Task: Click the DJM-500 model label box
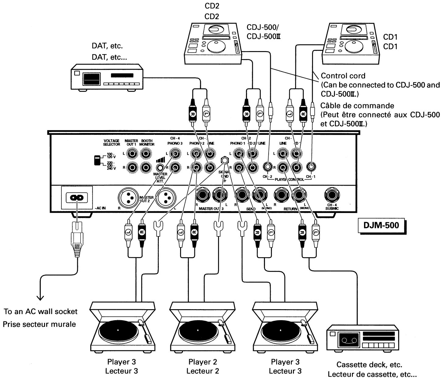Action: (381, 226)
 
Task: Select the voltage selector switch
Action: (98, 160)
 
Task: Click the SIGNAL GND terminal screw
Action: (224, 160)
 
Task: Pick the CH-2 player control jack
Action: (268, 166)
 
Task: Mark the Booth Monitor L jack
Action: (146, 154)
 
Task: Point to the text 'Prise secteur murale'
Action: (39, 324)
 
